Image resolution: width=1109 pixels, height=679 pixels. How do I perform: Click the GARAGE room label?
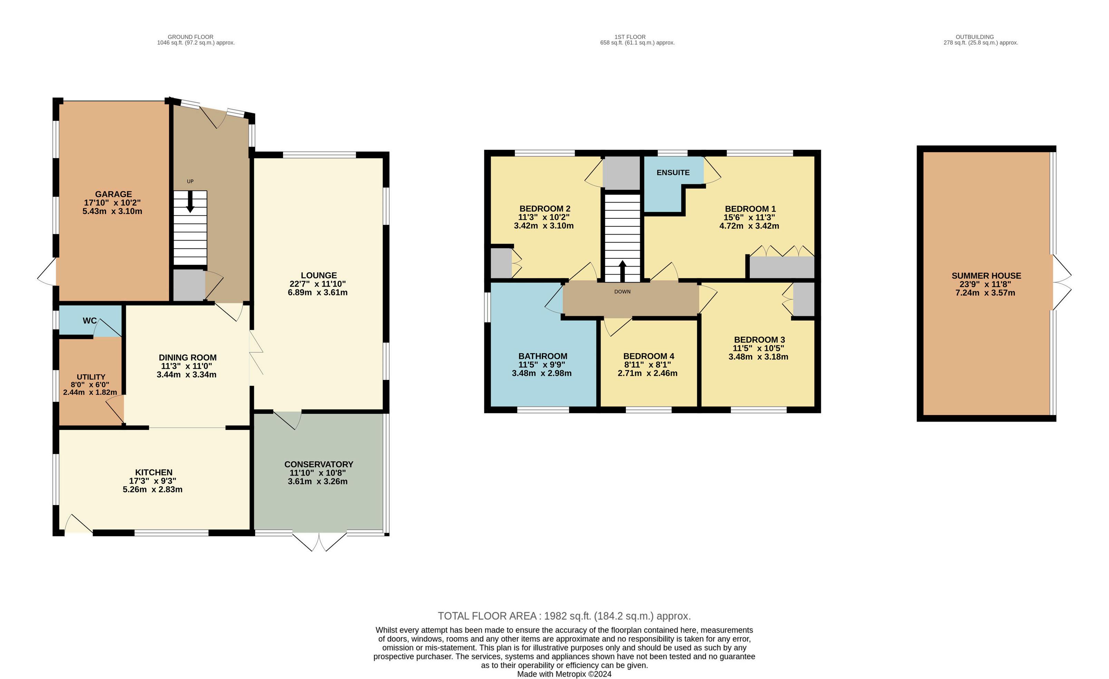(114, 194)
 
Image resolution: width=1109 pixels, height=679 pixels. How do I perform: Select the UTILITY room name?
(91, 377)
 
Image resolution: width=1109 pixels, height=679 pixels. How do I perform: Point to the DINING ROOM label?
(188, 358)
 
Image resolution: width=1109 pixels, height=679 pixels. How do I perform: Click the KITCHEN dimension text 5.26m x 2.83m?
(153, 490)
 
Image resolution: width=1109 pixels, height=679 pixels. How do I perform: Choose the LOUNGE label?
(319, 275)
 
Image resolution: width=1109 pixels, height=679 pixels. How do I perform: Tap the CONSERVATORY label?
(319, 464)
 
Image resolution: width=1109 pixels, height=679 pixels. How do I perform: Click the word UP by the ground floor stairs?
(190, 181)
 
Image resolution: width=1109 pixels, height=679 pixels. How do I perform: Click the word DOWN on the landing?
(622, 292)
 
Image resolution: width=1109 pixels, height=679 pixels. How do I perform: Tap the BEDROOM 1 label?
(750, 209)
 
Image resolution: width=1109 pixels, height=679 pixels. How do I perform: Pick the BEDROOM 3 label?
(759, 340)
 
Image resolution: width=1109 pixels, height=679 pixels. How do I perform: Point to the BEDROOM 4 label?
(649, 356)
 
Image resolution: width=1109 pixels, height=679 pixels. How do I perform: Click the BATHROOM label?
(543, 356)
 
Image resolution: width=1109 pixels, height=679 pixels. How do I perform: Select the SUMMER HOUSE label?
(986, 276)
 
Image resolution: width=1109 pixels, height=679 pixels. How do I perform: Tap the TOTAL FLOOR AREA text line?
(564, 616)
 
